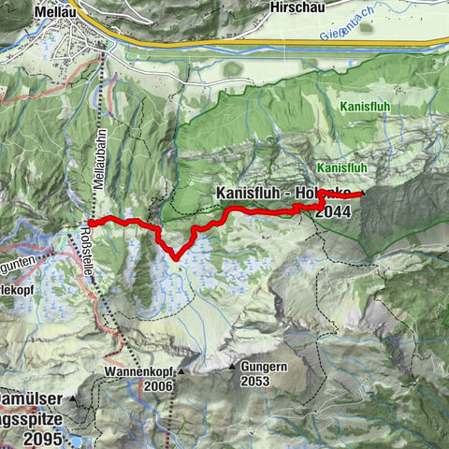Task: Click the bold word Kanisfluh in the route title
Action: [251, 193]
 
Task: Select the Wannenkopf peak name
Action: [139, 372]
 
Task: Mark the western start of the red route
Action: [91, 222]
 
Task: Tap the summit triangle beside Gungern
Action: [232, 368]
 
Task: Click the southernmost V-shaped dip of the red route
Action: [174, 257]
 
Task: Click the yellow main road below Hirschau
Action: [281, 42]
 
